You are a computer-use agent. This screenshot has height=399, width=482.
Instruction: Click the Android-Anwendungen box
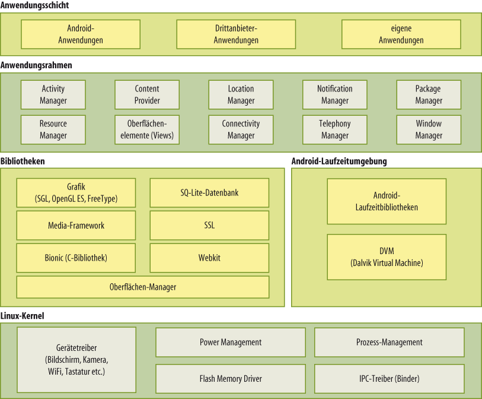click(x=81, y=34)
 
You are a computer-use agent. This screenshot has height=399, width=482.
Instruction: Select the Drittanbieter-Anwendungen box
click(x=236, y=34)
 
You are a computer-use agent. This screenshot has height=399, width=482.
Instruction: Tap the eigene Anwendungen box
click(x=401, y=34)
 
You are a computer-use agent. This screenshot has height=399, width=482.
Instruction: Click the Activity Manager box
click(x=53, y=94)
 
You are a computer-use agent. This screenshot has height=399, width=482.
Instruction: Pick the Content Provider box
click(x=146, y=94)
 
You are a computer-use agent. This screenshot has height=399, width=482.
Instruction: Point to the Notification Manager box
click(x=334, y=94)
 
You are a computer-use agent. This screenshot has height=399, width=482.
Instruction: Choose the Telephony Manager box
click(x=334, y=129)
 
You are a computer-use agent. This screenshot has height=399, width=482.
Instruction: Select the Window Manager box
click(x=428, y=129)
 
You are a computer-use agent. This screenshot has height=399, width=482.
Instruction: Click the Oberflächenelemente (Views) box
click(x=146, y=129)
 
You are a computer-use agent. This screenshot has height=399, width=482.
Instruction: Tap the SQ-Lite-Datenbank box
click(x=209, y=193)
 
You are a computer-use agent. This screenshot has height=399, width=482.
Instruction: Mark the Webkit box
click(x=209, y=258)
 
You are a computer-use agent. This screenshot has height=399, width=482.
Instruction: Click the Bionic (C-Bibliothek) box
click(x=76, y=258)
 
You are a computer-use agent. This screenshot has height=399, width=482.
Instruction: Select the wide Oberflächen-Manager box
click(x=142, y=287)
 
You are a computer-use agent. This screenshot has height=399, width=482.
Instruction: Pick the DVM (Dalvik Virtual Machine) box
click(x=387, y=257)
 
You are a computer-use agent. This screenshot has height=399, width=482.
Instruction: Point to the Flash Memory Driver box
click(x=231, y=379)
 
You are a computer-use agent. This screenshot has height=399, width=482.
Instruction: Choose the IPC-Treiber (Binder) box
click(x=389, y=379)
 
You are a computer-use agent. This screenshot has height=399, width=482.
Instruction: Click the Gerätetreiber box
click(x=76, y=360)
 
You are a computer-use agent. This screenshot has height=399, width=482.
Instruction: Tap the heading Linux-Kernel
click(x=23, y=316)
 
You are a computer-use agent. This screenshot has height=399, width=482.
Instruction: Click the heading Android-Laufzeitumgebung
click(x=339, y=161)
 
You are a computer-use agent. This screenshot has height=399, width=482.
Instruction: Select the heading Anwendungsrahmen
click(x=36, y=65)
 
